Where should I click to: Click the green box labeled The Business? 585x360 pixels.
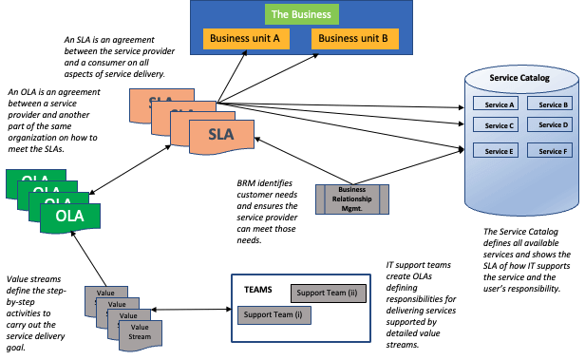point(301,14)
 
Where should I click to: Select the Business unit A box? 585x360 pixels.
point(246,39)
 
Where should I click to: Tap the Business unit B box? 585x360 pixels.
point(355,39)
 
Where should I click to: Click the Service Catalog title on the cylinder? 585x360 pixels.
point(519,78)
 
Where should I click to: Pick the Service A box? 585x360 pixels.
point(496,104)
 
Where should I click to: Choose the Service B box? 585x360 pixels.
point(550,104)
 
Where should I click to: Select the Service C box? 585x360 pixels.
point(496,124)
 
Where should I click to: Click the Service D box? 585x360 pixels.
point(550,124)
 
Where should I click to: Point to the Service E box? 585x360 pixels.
point(496,150)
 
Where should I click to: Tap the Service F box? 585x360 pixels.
point(550,150)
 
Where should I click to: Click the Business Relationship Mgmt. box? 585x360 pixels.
point(352,199)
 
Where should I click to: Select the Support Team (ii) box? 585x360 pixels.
point(329,294)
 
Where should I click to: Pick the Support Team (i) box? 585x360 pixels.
point(274,315)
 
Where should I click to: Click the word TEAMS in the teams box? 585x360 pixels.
point(258,290)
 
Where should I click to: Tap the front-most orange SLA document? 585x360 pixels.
point(221,137)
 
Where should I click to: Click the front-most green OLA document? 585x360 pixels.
point(70,218)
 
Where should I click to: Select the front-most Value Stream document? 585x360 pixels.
point(141,335)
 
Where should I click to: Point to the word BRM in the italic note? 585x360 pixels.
point(246,183)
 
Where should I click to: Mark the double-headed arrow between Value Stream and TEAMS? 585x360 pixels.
point(191,310)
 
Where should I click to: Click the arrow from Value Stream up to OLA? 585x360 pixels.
point(89,258)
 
